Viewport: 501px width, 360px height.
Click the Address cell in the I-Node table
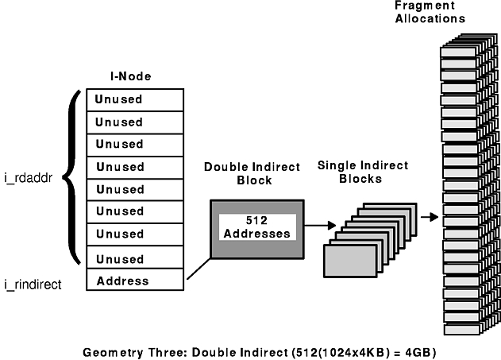[135, 281]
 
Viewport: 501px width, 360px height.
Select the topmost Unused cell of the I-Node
[135, 100]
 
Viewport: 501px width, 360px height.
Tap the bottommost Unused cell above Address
[135, 259]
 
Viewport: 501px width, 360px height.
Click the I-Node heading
[130, 76]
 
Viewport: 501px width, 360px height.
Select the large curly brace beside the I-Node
[72, 176]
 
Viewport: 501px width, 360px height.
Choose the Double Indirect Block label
[252, 173]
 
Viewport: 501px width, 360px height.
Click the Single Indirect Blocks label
[362, 172]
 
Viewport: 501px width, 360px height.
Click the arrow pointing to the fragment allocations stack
[429, 216]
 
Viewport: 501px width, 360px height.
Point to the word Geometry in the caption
[110, 350]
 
